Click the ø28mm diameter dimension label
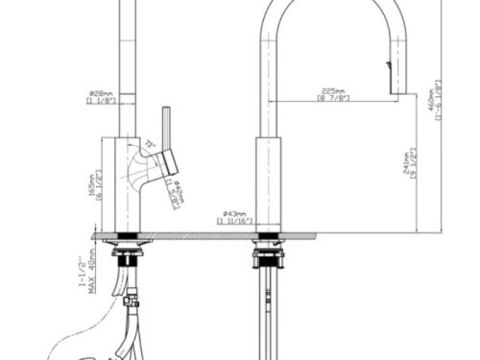tap(102, 91)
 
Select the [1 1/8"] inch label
tap(102, 101)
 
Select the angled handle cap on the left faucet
tap(171, 163)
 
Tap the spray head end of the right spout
tap(390, 77)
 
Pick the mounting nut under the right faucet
tap(269, 257)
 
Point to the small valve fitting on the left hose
tap(131, 305)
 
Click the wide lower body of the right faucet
tap(268, 183)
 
